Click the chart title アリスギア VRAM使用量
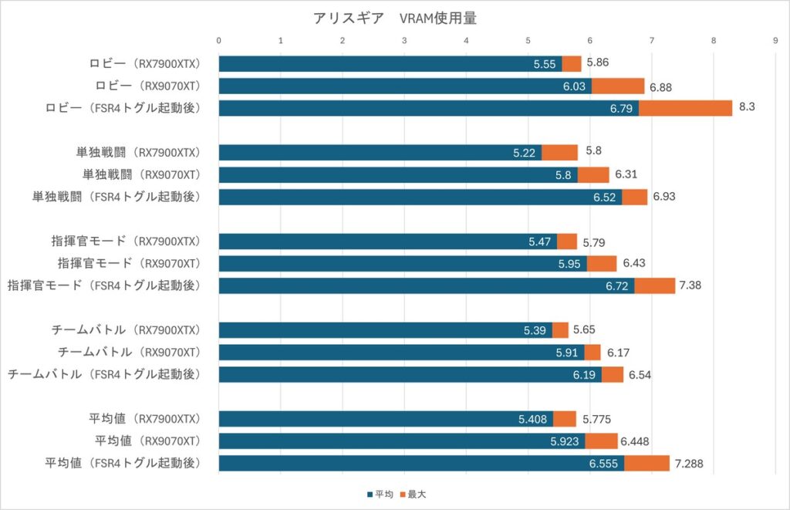click(395, 18)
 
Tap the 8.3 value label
click(746, 108)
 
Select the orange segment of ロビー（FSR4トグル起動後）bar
click(685, 108)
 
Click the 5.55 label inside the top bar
click(545, 64)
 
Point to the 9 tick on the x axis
click(775, 40)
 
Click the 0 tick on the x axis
click(219, 40)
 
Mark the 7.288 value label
click(690, 464)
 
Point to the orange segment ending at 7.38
click(654, 285)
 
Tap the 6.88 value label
click(660, 86)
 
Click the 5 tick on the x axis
click(528, 40)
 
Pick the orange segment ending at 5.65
click(560, 330)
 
